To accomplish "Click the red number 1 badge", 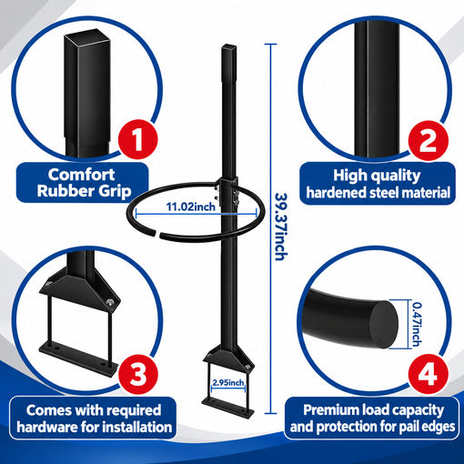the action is tap(138, 139).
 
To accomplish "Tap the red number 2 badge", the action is tap(428, 140).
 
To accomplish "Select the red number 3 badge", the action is tap(138, 374).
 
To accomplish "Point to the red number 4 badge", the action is tap(428, 374).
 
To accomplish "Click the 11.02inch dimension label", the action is tap(191, 207).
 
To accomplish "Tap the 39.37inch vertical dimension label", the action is tap(280, 227).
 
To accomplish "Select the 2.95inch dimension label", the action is tap(228, 382).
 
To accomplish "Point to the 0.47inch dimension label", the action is tap(417, 325).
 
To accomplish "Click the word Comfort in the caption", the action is tap(81, 175).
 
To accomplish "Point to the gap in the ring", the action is tap(158, 234).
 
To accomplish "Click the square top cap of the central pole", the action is tap(229, 47).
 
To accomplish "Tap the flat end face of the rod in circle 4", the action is tap(383, 325).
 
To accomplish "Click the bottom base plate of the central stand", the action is tap(228, 408).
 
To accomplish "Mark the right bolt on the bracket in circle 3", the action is tap(109, 302).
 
